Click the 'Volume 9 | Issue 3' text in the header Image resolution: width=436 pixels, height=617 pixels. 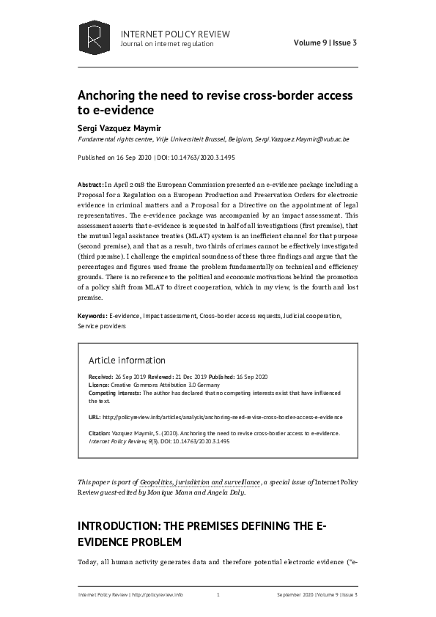(x=325, y=43)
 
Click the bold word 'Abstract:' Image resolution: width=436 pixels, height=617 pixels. (x=90, y=185)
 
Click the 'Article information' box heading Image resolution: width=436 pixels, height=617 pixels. (x=126, y=360)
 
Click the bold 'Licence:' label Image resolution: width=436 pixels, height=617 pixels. (x=100, y=385)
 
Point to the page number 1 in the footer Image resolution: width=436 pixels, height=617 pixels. (x=218, y=595)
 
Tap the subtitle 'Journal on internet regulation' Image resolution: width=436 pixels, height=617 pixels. (x=166, y=44)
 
